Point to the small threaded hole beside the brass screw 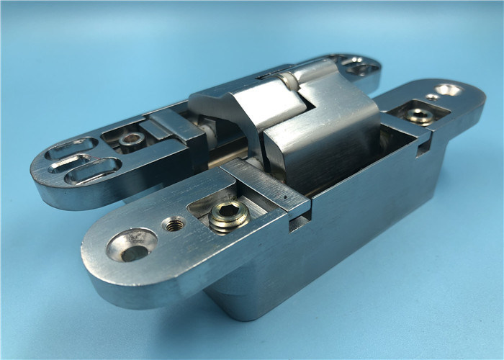click(174, 224)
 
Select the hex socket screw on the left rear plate click(132, 140)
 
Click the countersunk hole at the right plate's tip click(448, 90)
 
